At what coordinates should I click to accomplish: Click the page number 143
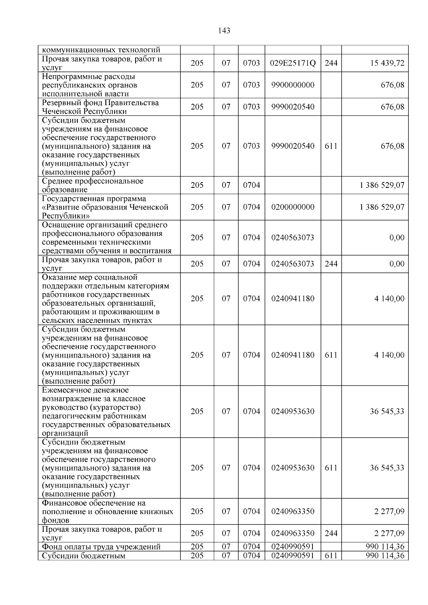tap(224, 31)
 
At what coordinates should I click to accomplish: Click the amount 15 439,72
tap(387, 63)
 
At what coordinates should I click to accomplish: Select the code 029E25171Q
tap(293, 63)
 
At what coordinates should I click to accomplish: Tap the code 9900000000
tap(293, 85)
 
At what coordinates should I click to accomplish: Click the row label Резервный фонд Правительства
tap(100, 103)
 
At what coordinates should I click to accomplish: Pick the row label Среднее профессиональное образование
tap(93, 185)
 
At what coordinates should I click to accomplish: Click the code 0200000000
tap(293, 207)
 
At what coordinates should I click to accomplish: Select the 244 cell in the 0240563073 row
tap(331, 264)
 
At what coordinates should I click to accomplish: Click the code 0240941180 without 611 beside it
tap(293, 298)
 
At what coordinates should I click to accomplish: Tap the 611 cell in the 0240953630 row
tap(331, 468)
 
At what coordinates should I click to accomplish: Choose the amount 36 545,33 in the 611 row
tap(387, 468)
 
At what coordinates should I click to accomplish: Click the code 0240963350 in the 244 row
tap(293, 533)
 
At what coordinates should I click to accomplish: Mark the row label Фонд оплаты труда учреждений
tap(101, 547)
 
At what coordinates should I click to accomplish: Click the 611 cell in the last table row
tap(331, 555)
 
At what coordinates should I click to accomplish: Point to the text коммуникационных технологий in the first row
tap(101, 50)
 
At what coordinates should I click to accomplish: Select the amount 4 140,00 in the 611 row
tap(389, 355)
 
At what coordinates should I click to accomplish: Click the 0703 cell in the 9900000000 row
tap(251, 85)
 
